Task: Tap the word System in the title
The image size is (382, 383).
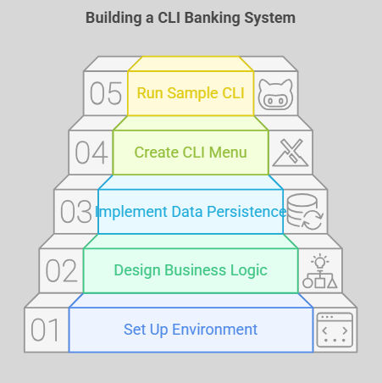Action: pos(270,19)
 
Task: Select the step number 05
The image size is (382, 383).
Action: pos(106,93)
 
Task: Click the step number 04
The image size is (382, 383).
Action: pos(91,153)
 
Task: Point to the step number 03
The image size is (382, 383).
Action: pos(76,212)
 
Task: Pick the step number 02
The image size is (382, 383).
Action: pos(62,270)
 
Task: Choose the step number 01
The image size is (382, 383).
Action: pos(45,330)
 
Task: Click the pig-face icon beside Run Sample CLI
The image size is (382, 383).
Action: pos(275,95)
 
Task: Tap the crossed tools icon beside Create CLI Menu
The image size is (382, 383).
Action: pos(291,153)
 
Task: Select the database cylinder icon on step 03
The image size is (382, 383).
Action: pos(302,210)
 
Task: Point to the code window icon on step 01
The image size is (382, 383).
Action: pos(335,330)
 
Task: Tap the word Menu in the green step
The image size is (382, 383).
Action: pos(228,153)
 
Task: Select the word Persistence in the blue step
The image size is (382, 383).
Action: pos(246,212)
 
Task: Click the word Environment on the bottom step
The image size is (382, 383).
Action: pos(214,330)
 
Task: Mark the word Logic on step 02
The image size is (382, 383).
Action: pos(249,271)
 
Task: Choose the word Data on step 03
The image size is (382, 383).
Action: pos(187,212)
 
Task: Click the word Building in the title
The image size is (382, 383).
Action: pos(113,19)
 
